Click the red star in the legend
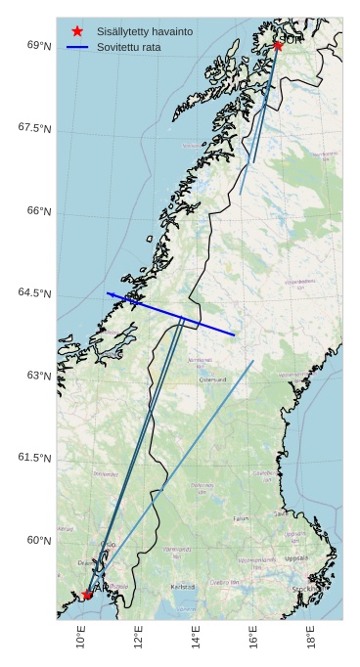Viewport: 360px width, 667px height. (77, 31)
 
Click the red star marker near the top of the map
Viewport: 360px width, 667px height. (278, 45)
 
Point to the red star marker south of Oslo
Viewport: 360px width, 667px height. (87, 594)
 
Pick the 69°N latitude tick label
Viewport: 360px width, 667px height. (39, 45)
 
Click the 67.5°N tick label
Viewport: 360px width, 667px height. (34, 128)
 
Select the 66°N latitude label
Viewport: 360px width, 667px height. (39, 210)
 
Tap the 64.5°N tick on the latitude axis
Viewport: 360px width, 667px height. (34, 293)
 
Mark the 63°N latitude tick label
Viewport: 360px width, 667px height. (39, 376)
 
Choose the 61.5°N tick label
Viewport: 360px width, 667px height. (34, 458)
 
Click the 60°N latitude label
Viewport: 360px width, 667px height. (39, 540)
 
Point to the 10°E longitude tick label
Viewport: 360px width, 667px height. (81, 638)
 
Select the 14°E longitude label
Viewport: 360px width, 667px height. (197, 638)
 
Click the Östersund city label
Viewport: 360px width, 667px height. (212, 379)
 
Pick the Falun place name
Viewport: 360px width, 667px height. (241, 518)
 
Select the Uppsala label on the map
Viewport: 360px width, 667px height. (295, 558)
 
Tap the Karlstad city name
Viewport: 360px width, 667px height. (183, 587)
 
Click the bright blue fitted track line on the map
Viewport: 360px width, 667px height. (171, 314)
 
